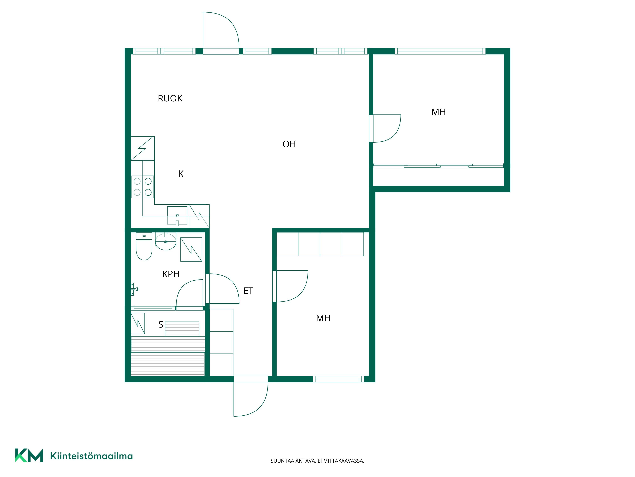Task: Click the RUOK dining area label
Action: [170, 98]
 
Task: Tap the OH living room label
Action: [289, 144]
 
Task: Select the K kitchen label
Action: [181, 174]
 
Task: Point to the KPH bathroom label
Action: [171, 274]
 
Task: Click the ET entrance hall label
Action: [248, 291]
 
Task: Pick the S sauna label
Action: [161, 325]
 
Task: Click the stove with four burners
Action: [143, 187]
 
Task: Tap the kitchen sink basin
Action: [177, 215]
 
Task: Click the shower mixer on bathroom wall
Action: [134, 289]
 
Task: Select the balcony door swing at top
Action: [221, 30]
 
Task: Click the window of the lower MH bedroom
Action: [338, 379]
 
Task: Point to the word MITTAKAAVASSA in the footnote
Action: [344, 461]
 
